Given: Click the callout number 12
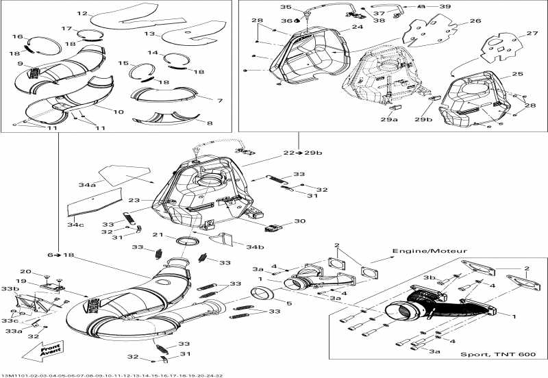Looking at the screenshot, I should click(x=82, y=13).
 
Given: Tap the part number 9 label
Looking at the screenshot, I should click(x=21, y=64).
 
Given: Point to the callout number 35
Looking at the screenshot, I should click(x=286, y=8).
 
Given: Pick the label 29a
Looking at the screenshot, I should click(x=389, y=119).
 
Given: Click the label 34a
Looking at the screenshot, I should click(x=87, y=184).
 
